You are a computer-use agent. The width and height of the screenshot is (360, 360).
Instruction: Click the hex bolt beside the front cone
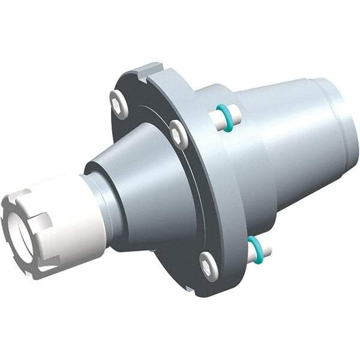[178, 134]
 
